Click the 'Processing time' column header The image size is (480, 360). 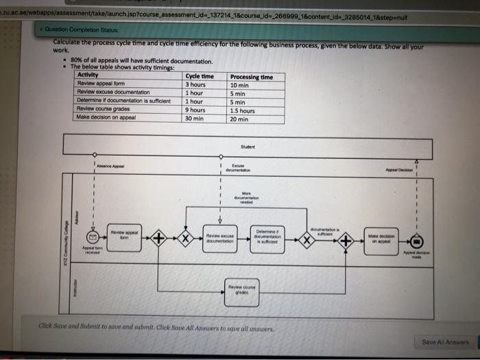click(251, 76)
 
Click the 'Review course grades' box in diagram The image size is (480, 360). click(241, 291)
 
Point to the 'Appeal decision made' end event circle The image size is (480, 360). click(416, 241)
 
